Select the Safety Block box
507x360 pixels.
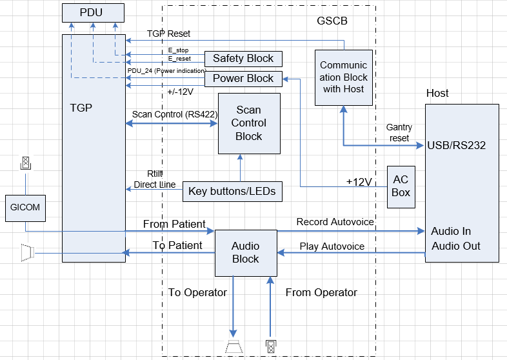coord(243,59)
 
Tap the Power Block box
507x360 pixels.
coord(243,79)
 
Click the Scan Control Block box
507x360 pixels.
coord(249,123)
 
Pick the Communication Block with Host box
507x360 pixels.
coord(344,77)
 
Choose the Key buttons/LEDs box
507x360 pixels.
coord(232,191)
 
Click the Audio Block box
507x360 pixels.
coord(245,252)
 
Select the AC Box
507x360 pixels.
coord(401,186)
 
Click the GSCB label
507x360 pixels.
coord(332,21)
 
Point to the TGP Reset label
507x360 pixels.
coord(168,34)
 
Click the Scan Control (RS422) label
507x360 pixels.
coord(174,114)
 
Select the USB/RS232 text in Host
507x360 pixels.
coord(456,145)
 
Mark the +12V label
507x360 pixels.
coord(359,182)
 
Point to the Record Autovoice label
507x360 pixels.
coord(335,222)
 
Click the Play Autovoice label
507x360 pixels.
coord(332,246)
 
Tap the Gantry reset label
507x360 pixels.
coord(399,133)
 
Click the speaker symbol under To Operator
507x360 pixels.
coord(234,346)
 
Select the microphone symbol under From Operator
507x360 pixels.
coord(271,346)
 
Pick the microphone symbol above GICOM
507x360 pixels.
coord(26,163)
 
